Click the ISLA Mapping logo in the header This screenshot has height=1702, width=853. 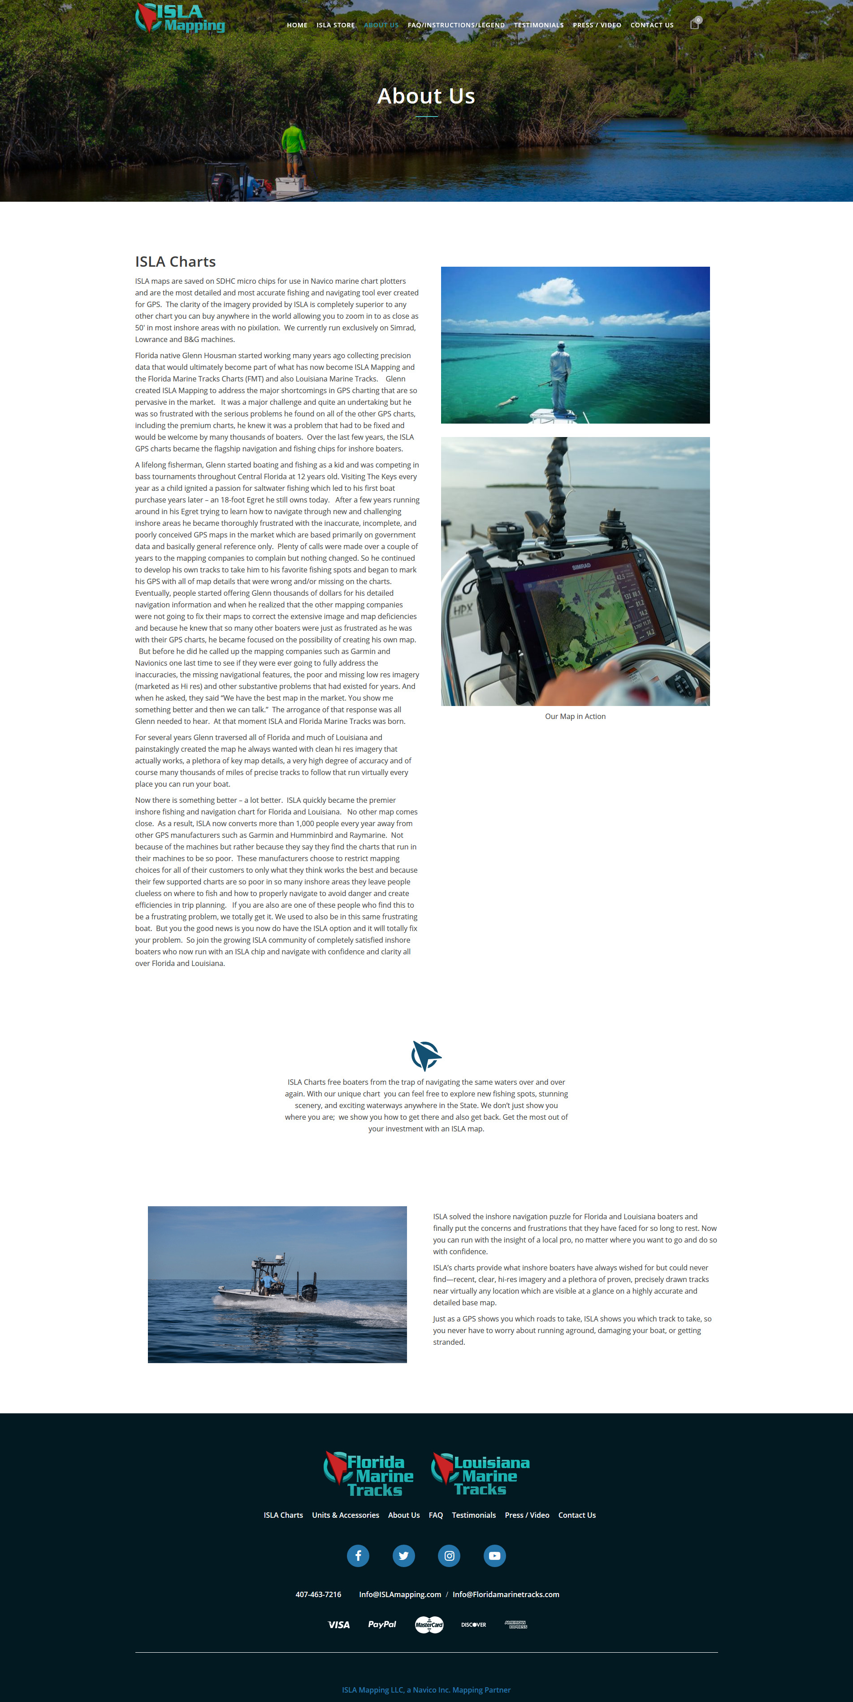[x=180, y=18]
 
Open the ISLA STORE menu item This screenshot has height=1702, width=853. [x=335, y=25]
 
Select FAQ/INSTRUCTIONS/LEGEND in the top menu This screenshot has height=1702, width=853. [x=456, y=25]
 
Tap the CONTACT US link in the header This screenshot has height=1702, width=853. [x=651, y=25]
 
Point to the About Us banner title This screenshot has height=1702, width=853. [x=426, y=96]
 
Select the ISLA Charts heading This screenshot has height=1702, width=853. [x=175, y=262]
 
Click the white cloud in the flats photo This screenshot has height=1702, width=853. [x=552, y=291]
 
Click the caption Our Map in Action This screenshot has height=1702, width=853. [x=575, y=716]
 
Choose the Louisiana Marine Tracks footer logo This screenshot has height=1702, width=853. [x=481, y=1474]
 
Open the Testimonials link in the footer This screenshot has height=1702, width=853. [x=473, y=1515]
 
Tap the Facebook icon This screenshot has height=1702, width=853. [x=358, y=1555]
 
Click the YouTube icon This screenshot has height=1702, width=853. [x=494, y=1555]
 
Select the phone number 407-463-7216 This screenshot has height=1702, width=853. [x=318, y=1594]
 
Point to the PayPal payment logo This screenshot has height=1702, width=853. [x=382, y=1624]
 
